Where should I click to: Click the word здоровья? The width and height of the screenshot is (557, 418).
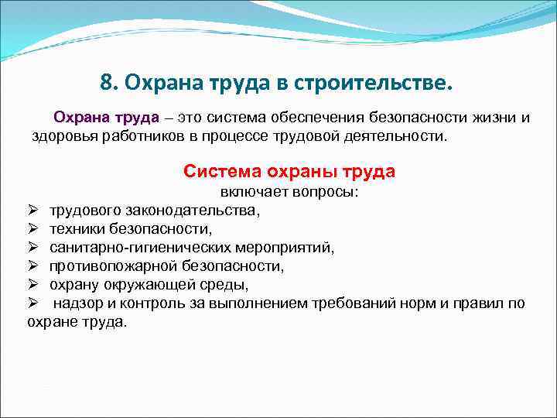pyautogui.click(x=64, y=136)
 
